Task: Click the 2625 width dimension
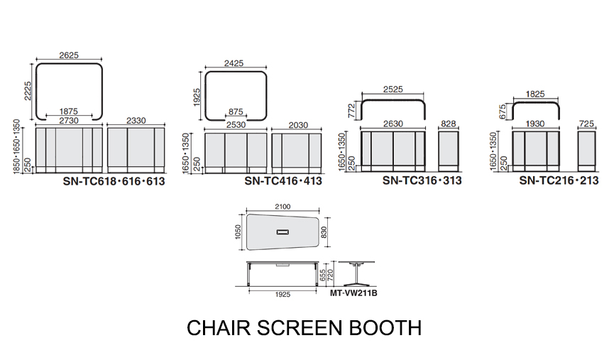click(69, 55)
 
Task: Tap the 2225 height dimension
click(28, 91)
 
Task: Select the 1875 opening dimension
click(69, 111)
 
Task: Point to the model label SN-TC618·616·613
click(114, 181)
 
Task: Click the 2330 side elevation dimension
click(136, 121)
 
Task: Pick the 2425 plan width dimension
click(234, 63)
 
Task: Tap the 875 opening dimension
click(236, 112)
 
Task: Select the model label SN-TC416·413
click(283, 181)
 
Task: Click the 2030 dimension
click(298, 125)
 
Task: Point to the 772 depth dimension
click(351, 110)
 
